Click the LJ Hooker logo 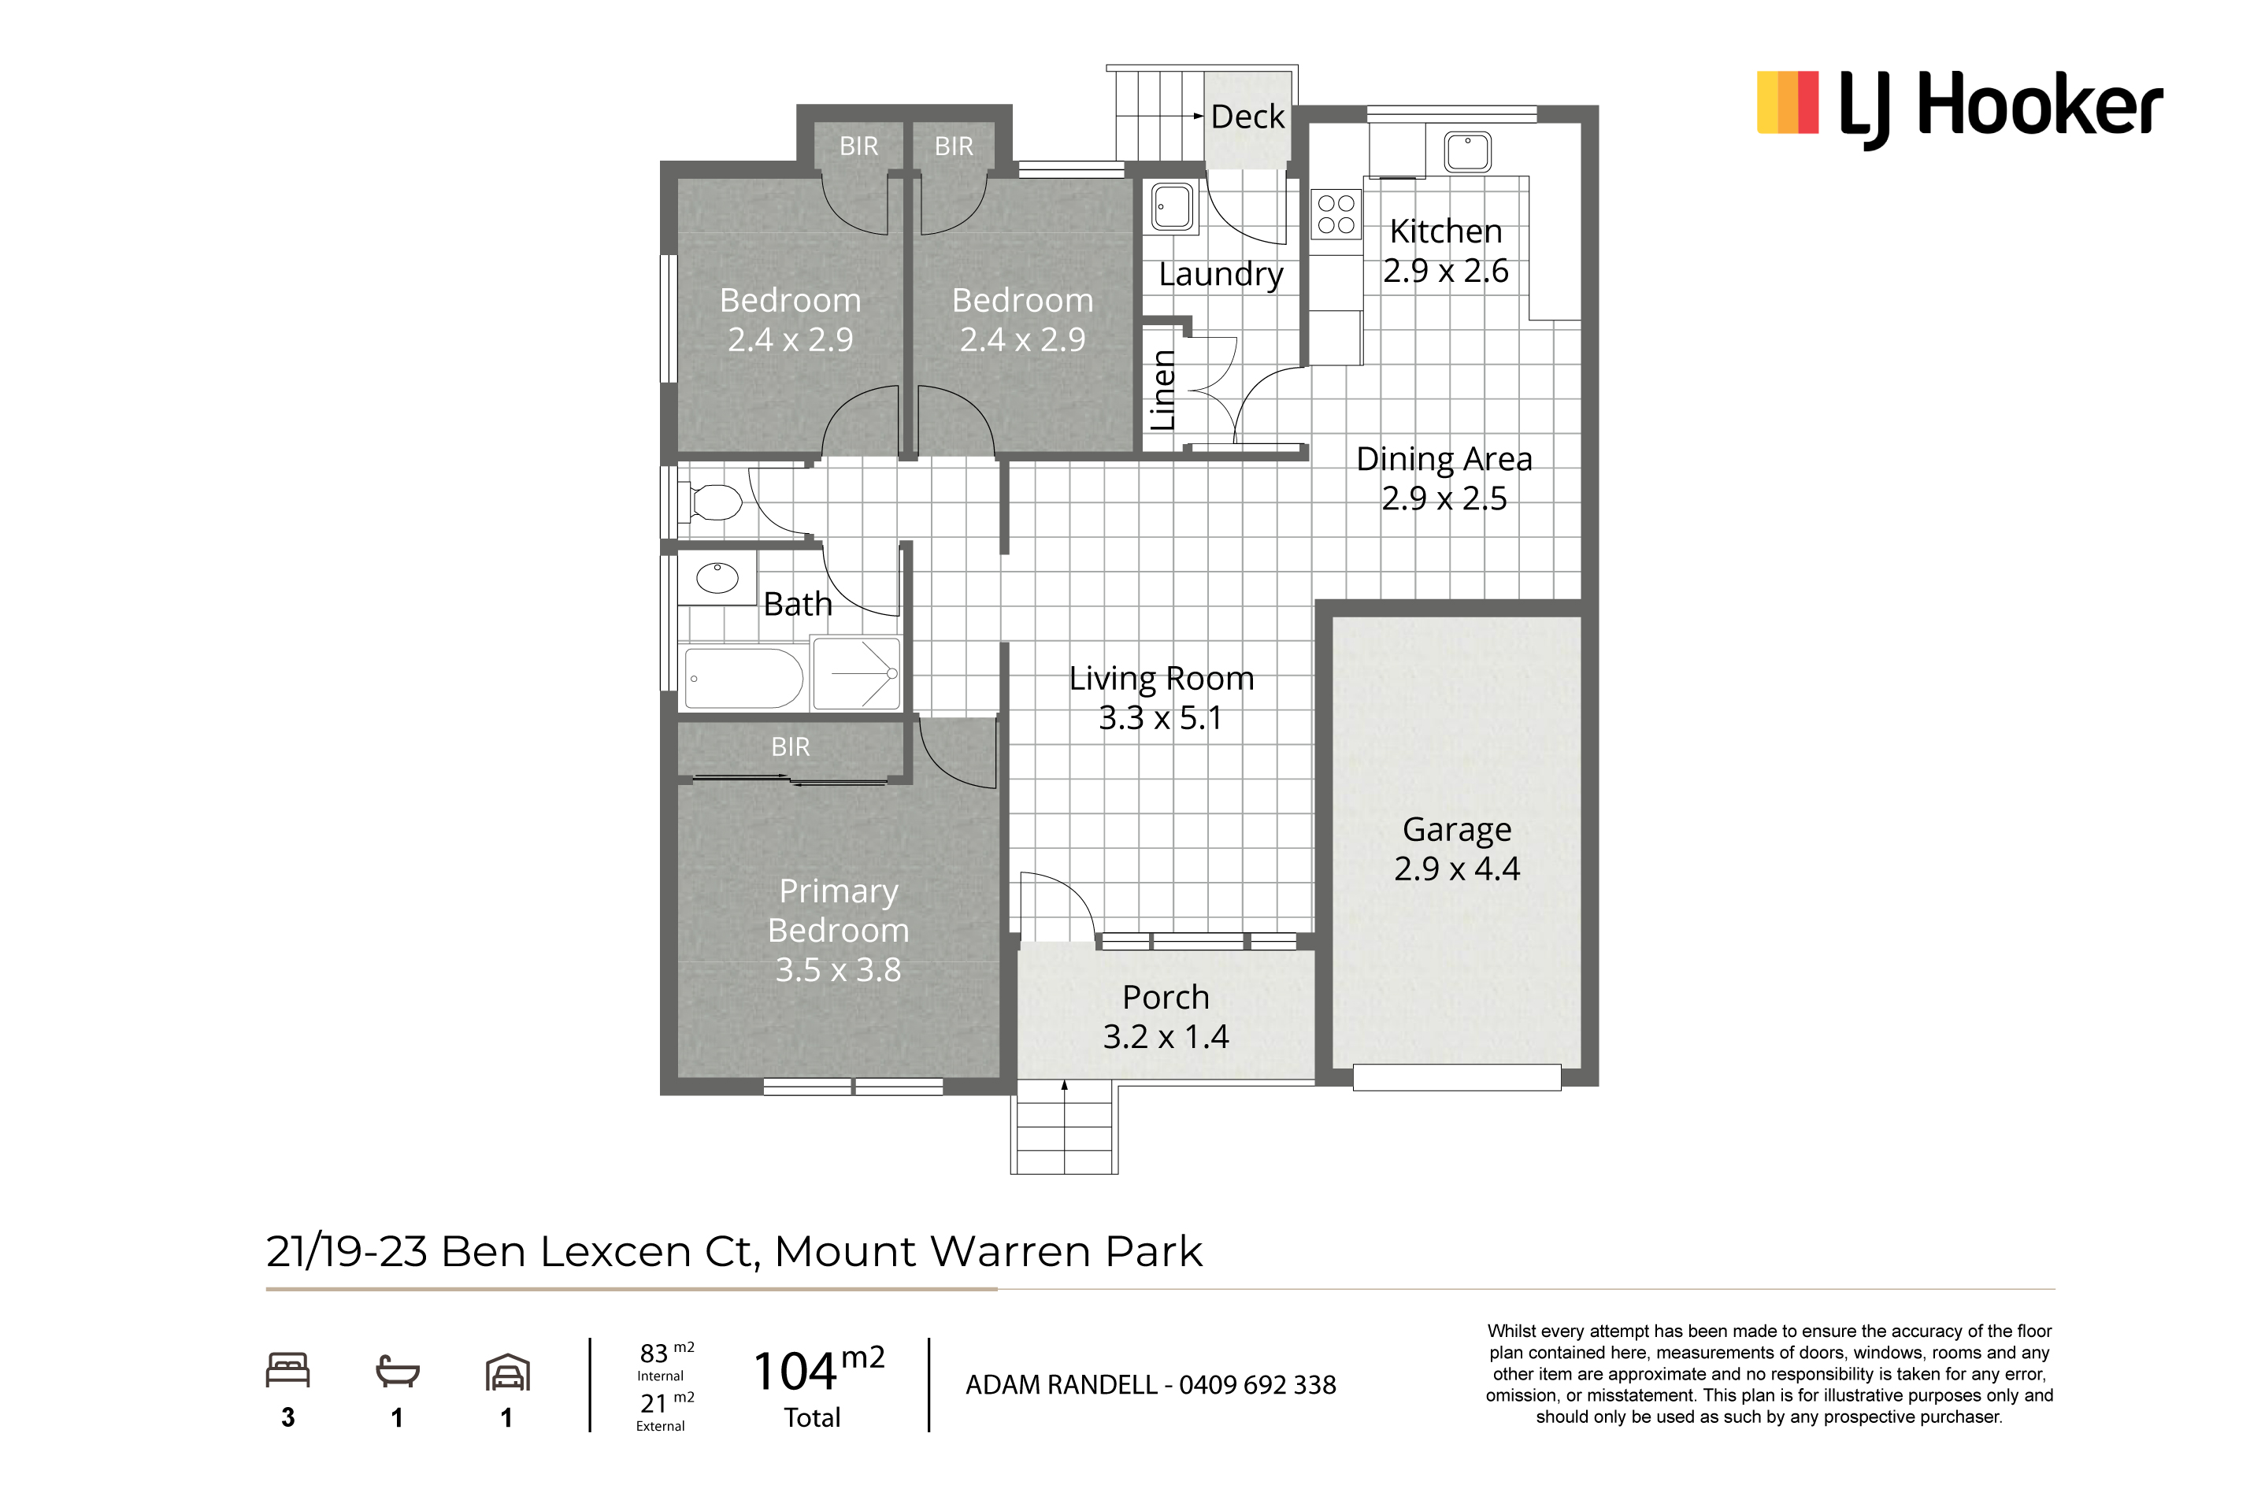click(x=1959, y=108)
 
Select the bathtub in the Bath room click(x=743, y=678)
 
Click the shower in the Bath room click(x=856, y=673)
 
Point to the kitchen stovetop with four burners click(x=1336, y=214)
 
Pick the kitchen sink click(x=1467, y=152)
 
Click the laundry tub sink click(x=1173, y=206)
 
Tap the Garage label click(x=1457, y=829)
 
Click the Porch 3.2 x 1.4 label click(x=1166, y=1017)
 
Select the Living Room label click(x=1162, y=678)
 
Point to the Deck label click(x=1247, y=117)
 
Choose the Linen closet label click(x=1162, y=391)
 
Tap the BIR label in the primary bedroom click(x=790, y=747)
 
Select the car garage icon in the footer click(x=508, y=1372)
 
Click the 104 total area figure click(x=795, y=1372)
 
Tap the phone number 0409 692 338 click(x=1257, y=1385)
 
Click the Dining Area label click(x=1444, y=459)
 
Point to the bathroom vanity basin click(x=717, y=577)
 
